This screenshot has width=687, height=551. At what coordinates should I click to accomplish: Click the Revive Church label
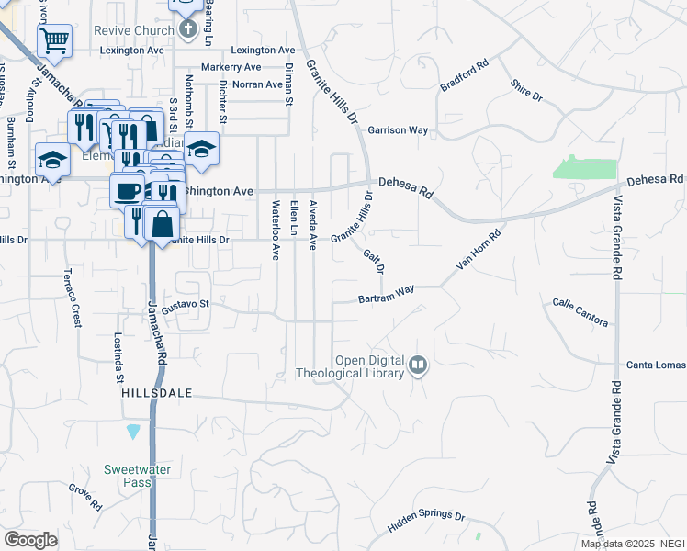tap(134, 30)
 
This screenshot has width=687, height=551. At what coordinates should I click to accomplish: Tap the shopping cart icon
tap(54, 40)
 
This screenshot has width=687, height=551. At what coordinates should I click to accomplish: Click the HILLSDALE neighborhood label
tap(157, 392)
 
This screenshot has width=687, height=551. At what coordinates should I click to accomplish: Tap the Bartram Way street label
tap(386, 295)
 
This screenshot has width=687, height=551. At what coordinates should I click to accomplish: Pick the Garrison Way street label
tap(399, 130)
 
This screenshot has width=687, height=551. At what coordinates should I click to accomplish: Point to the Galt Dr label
tap(373, 262)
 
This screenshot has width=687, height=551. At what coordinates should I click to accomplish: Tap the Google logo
tap(30, 540)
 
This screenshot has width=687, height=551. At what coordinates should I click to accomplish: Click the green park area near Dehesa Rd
tap(585, 167)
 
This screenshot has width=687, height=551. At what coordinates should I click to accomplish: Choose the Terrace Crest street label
tap(72, 298)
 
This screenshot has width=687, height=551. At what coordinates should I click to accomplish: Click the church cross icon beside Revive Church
tap(187, 29)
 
